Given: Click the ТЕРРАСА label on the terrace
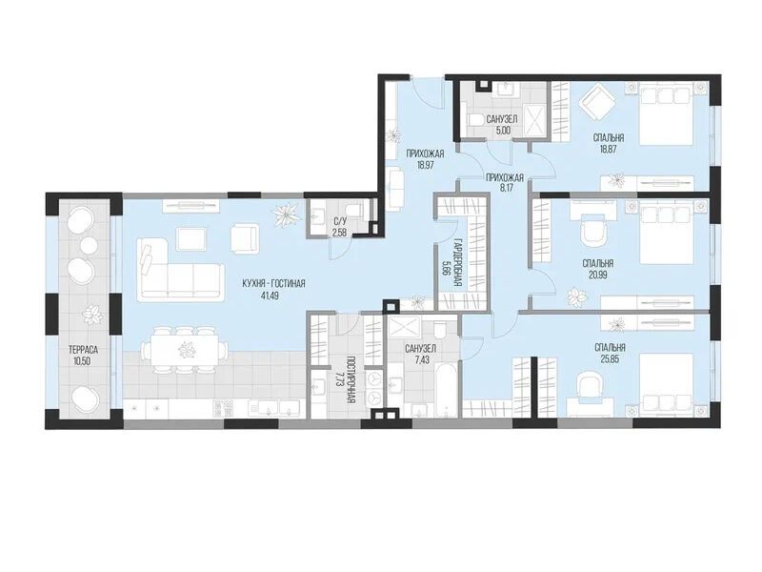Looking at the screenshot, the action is (83, 350).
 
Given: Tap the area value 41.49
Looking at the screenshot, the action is (270, 296).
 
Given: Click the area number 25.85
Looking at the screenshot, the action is (610, 359).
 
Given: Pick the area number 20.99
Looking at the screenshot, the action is (598, 275).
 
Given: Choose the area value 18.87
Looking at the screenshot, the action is (609, 150).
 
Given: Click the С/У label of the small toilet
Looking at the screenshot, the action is (339, 222).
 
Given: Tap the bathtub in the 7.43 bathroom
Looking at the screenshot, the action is (446, 391).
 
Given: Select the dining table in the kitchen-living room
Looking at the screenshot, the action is (185, 349).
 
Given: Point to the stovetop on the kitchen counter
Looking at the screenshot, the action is (223, 408).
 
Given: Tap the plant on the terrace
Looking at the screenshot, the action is (92, 315).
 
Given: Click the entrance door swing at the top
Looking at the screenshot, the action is (427, 93).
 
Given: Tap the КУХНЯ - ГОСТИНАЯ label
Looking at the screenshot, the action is (275, 283).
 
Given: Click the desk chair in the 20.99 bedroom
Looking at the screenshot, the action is (593, 230).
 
